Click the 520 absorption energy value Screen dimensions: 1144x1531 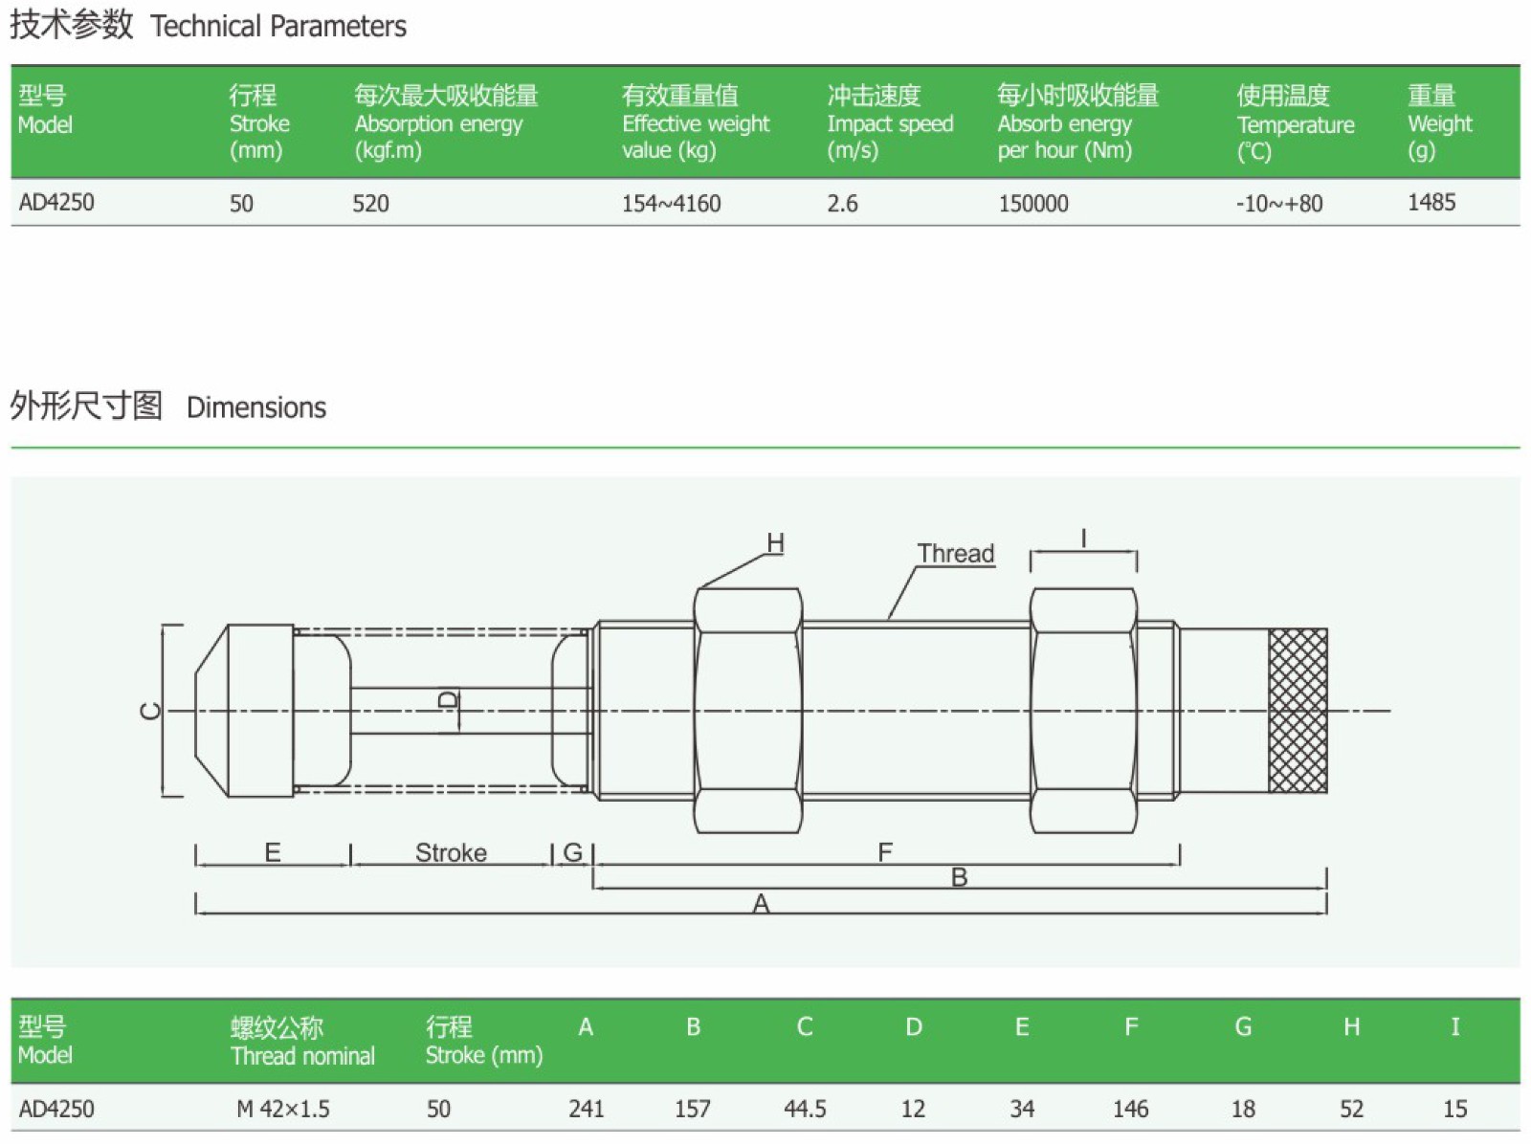coord(370,203)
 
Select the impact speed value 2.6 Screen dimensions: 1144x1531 coord(842,203)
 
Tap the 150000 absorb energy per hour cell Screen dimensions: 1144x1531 coord(1033,203)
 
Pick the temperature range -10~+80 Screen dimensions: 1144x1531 coord(1279,203)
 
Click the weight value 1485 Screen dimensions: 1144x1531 coord(1431,202)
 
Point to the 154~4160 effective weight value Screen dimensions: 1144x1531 coord(671,203)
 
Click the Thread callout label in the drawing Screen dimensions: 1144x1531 coord(956,553)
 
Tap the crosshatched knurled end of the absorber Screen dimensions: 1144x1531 coord(1298,711)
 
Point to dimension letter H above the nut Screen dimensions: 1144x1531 coord(775,542)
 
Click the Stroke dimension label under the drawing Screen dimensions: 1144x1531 coord(451,852)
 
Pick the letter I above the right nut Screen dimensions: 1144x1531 coord(1083,539)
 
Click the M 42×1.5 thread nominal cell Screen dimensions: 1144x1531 coord(283,1109)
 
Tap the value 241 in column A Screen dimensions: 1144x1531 coord(586,1109)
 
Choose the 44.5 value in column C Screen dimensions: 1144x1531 coord(805,1109)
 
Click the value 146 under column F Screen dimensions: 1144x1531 coord(1130,1109)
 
